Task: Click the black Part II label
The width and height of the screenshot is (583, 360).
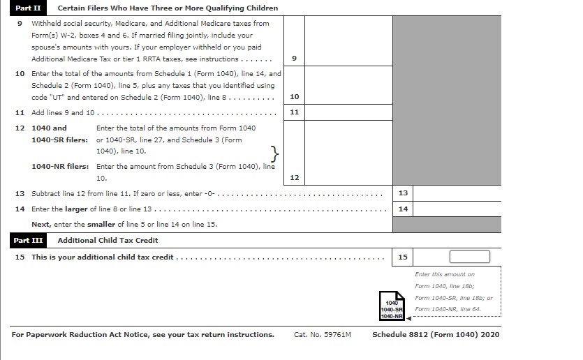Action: tap(29, 8)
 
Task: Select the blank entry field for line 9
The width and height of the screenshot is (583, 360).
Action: tap(348, 40)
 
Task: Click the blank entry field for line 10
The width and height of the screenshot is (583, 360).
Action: tap(348, 85)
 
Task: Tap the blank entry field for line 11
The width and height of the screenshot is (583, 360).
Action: tap(348, 112)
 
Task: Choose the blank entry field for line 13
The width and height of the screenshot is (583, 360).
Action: tap(457, 193)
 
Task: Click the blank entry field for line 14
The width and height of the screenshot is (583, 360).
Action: tap(457, 209)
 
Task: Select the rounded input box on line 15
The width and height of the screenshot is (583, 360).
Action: tap(469, 257)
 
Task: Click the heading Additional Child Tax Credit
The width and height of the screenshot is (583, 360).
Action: tap(108, 240)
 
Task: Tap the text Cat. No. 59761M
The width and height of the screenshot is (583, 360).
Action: tap(323, 335)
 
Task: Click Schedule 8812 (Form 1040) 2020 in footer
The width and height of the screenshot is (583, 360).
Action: tap(436, 335)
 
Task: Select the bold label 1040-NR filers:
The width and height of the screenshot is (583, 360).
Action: tap(60, 167)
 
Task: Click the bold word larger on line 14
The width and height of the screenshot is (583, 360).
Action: tap(78, 209)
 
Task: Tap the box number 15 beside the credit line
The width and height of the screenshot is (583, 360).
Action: tap(403, 257)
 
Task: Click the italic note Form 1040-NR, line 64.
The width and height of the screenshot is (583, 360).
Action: tap(448, 309)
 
